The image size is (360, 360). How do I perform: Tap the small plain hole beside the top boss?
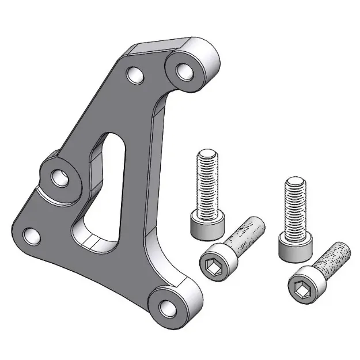click(135, 75)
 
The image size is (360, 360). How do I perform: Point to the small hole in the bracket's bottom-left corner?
click(31, 235)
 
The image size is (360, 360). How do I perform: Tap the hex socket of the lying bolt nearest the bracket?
click(211, 264)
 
